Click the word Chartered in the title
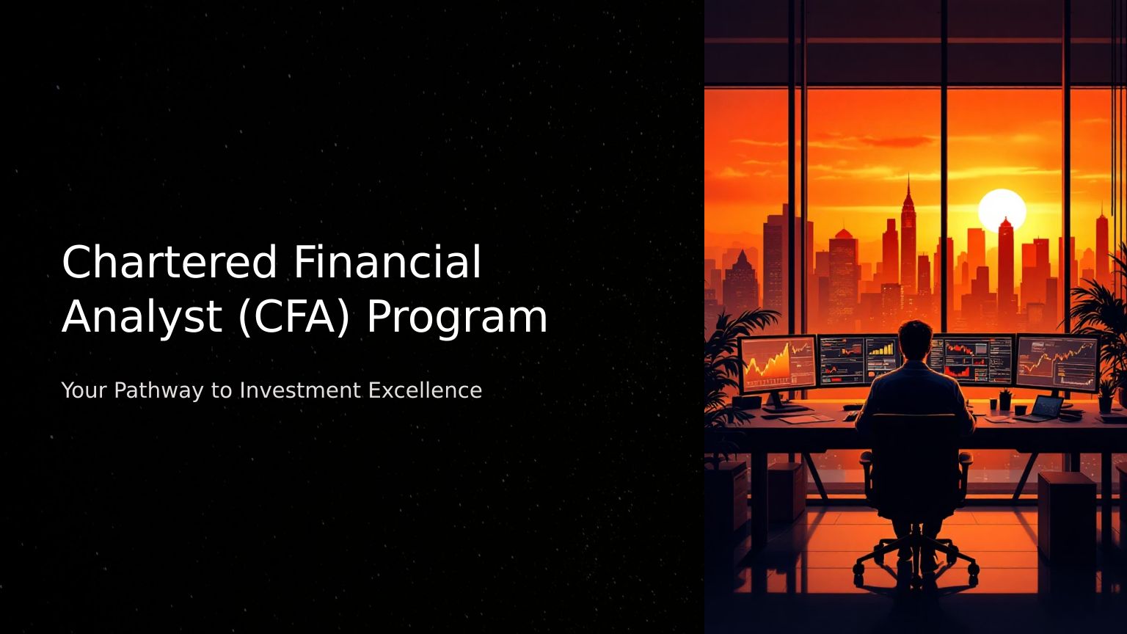[x=169, y=262]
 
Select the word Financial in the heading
[x=387, y=262]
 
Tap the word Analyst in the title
[x=142, y=317]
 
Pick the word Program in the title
[x=457, y=318]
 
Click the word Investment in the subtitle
[x=300, y=390]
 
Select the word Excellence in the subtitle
[x=425, y=390]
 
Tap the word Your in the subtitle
[x=84, y=390]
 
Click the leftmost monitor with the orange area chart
[x=778, y=364]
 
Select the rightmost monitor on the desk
[x=1057, y=362]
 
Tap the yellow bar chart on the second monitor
[x=881, y=349]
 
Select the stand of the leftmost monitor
[x=777, y=403]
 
